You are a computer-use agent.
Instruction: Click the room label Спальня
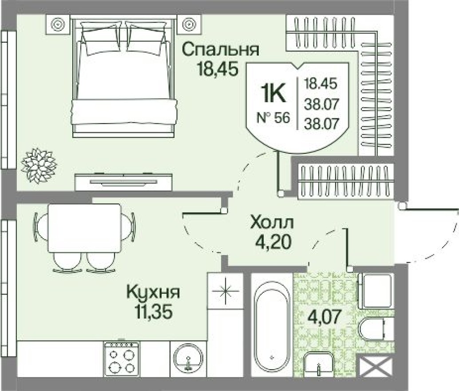point(220,49)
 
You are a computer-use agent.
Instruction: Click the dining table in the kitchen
point(84,227)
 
